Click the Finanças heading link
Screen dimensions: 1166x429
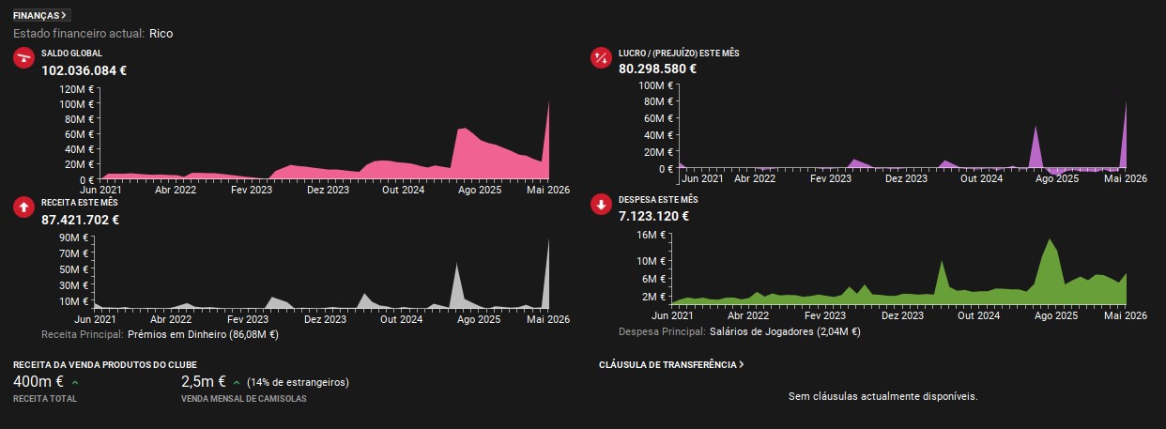39,16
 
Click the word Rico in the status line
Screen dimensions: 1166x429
161,33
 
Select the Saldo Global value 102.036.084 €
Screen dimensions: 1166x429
84,70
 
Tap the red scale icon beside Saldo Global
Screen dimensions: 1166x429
23,58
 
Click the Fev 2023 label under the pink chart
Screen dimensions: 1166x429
251,190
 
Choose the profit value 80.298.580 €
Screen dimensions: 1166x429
657,69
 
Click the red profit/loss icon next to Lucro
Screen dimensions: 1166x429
601,58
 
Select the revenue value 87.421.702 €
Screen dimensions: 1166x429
80,220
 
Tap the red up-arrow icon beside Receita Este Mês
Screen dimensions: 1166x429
23,207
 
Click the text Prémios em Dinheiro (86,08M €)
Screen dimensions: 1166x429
203,334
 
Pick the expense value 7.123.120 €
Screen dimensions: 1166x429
653,216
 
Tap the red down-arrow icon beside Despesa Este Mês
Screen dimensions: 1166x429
601,205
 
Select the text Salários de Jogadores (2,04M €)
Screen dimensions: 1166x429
785,331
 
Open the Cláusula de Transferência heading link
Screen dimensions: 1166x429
671,365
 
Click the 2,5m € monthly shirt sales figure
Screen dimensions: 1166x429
204,382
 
